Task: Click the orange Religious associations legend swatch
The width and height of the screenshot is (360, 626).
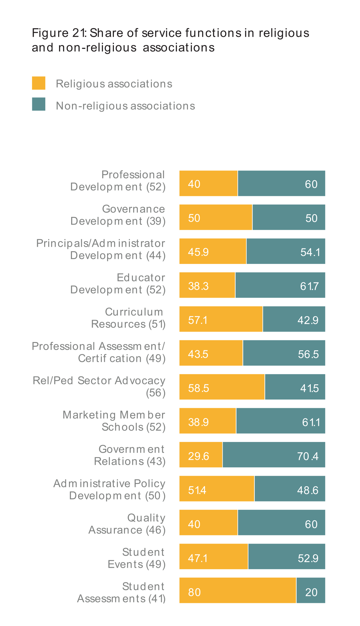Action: point(39,83)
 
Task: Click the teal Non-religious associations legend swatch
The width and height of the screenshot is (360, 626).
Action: point(39,104)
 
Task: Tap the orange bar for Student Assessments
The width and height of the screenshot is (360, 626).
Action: point(238,590)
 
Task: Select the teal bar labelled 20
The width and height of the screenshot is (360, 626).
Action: point(311,590)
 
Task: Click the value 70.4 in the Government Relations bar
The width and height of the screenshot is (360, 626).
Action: point(308,456)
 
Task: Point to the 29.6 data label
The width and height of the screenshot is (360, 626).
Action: point(198,456)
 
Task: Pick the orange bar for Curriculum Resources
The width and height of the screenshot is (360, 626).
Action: point(221,319)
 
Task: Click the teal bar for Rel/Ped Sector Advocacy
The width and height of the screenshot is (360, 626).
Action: point(295,387)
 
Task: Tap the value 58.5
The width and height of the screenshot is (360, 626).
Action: point(198,388)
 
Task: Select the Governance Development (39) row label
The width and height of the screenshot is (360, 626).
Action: point(118,215)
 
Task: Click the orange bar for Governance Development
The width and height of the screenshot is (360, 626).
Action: point(216,217)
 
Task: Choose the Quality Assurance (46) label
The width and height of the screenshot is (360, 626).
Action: point(127,524)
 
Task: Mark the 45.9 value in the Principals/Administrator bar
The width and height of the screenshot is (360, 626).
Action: point(198,252)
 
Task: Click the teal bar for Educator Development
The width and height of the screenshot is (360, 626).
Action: point(280,285)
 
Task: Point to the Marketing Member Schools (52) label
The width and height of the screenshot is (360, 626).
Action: point(114,421)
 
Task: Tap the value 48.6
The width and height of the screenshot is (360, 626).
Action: point(308,490)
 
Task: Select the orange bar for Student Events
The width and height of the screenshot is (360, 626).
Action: point(214,557)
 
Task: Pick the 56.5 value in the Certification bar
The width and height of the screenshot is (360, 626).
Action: point(308,354)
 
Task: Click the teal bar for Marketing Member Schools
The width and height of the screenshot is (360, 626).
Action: point(281,421)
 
